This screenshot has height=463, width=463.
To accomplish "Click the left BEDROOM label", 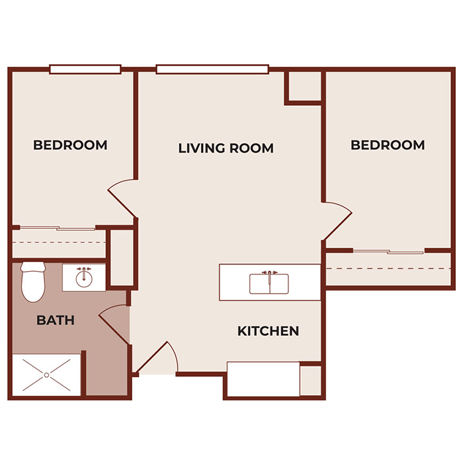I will (x=70, y=145).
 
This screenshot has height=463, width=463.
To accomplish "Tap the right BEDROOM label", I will (x=388, y=145).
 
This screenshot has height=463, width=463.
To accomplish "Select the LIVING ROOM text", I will (x=226, y=148).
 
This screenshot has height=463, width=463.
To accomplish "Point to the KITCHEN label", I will (x=268, y=331).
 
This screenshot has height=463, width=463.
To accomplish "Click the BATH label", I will (x=55, y=321).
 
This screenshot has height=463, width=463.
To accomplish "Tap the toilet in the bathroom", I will (x=31, y=281).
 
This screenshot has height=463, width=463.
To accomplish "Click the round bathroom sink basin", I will (x=84, y=278).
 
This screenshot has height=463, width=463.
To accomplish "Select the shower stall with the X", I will (x=46, y=375).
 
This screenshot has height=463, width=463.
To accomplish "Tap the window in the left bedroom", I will (x=85, y=69).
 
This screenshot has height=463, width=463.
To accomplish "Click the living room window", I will (x=212, y=69).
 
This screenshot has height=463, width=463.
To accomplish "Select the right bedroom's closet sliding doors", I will (x=388, y=251).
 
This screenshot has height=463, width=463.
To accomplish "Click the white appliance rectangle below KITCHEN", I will (x=263, y=379).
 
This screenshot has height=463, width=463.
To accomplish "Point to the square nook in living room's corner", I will (x=304, y=87).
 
